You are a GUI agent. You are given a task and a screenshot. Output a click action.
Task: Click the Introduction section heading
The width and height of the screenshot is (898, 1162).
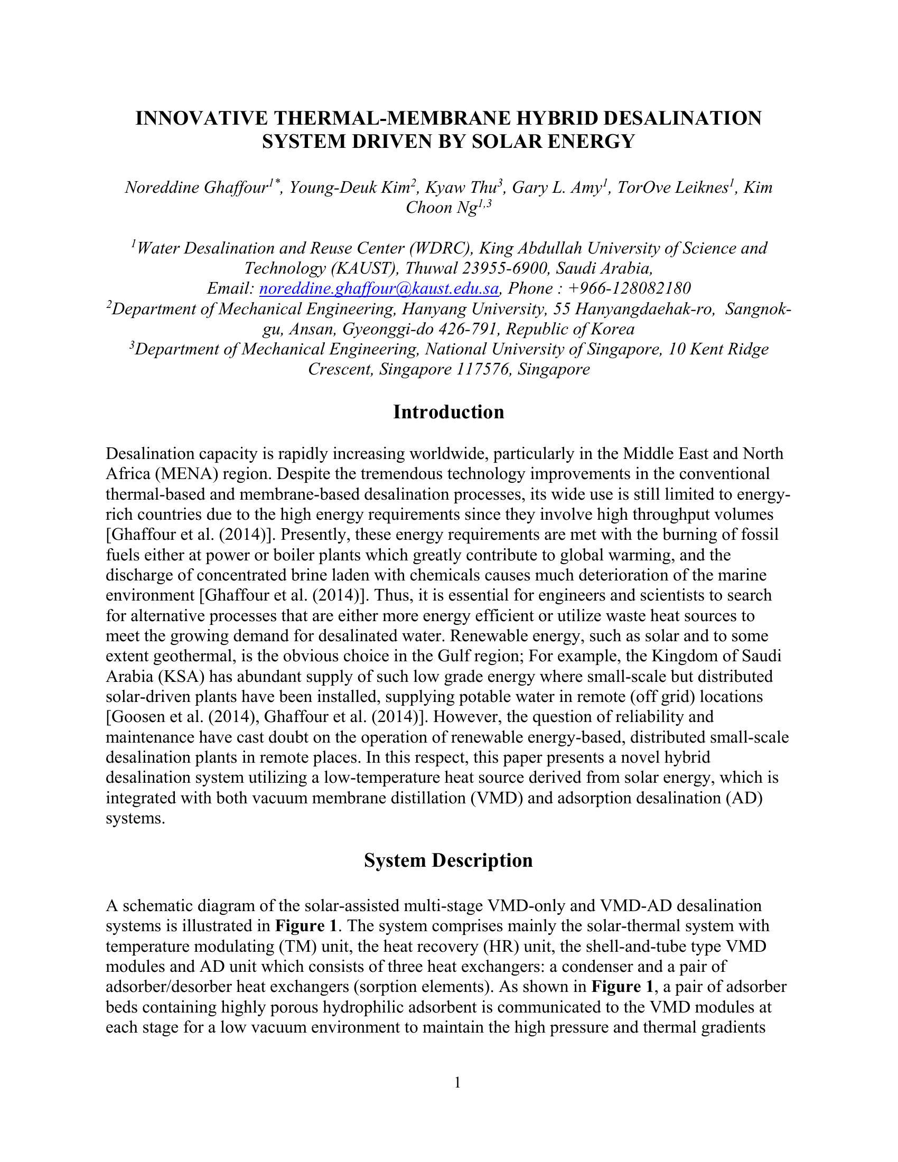[x=448, y=413]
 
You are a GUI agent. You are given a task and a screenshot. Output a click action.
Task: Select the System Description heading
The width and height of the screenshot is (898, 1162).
[x=448, y=860]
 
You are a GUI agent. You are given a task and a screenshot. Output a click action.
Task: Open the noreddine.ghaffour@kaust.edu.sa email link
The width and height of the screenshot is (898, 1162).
[x=379, y=289]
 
